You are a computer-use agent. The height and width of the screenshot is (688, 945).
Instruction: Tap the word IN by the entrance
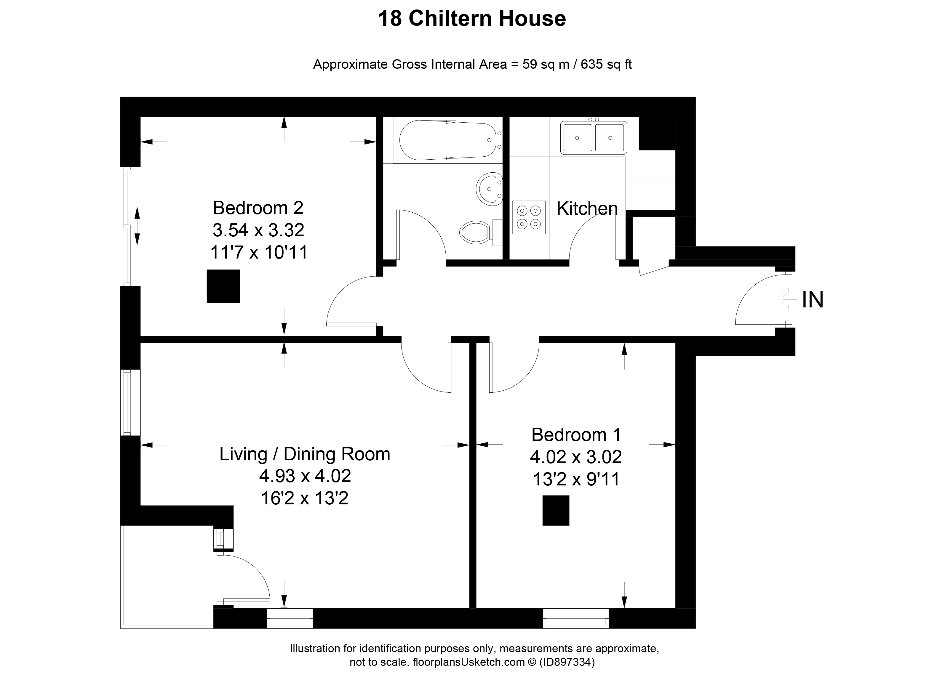(813, 299)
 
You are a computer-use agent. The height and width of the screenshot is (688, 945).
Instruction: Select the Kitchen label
(587, 208)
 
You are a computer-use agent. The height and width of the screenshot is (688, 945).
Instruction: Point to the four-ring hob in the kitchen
(529, 217)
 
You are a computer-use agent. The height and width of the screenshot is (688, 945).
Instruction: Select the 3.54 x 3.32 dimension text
(258, 230)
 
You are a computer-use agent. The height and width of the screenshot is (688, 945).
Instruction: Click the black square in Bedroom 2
(223, 286)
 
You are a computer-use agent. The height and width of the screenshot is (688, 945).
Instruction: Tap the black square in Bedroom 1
(556, 510)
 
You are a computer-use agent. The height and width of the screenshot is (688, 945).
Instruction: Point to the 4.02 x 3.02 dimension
(576, 457)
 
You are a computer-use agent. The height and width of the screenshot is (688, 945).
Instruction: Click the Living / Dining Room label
(305, 454)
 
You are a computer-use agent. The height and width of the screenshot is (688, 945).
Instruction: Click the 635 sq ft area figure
(606, 64)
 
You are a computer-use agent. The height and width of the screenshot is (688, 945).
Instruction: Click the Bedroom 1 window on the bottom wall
(576, 618)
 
